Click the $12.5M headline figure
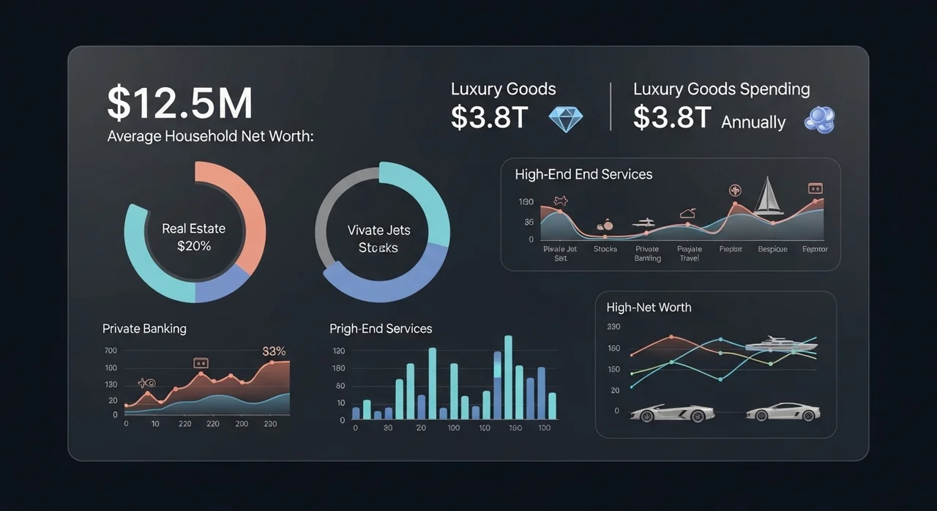[179, 103]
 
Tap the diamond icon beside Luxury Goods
[565, 119]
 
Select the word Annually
[753, 122]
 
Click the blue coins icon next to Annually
[819, 119]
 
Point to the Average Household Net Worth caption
[210, 136]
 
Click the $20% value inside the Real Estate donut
[194, 246]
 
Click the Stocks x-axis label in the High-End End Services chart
[605, 249]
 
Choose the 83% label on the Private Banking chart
[274, 351]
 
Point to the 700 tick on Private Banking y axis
[111, 351]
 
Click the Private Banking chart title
[144, 329]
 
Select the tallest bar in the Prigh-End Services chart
[508, 377]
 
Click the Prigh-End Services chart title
[381, 329]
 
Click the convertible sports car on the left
[672, 413]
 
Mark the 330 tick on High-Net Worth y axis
[613, 327]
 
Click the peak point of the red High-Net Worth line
[671, 337]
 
